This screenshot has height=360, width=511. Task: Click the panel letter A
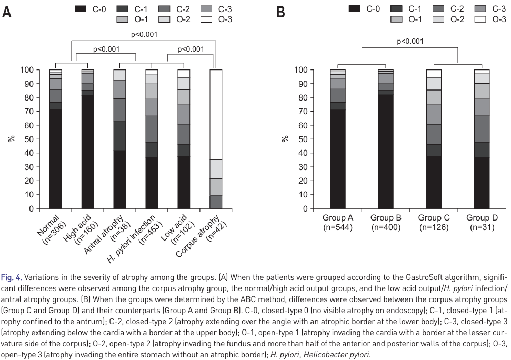(7, 12)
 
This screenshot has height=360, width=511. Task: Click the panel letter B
(280, 12)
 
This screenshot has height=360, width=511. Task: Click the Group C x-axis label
(433, 223)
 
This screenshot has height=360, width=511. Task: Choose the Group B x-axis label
(385, 223)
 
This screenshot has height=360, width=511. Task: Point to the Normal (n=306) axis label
(52, 226)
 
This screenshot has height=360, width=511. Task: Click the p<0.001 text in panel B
(410, 41)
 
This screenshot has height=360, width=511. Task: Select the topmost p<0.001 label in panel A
(144, 35)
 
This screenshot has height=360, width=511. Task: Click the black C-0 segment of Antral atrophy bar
(120, 179)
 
